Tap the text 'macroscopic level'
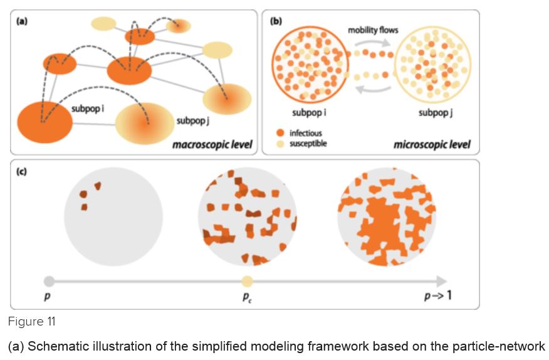(x=212, y=146)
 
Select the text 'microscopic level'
(x=431, y=146)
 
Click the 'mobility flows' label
(x=373, y=30)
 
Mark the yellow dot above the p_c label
(x=248, y=282)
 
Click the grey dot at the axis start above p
(x=50, y=281)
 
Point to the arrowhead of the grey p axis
(x=442, y=281)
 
